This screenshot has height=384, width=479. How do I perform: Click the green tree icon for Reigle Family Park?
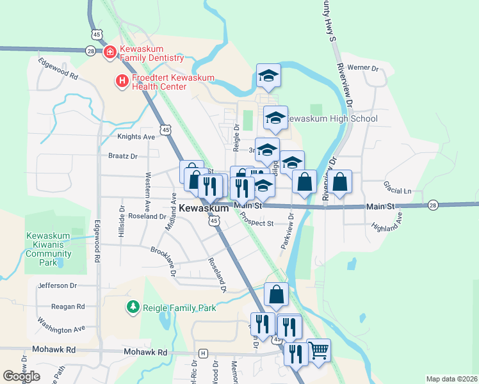pyautogui.click(x=133, y=308)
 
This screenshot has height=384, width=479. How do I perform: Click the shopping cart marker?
pyautogui.click(x=319, y=350)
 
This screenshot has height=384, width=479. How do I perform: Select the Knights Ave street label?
pyautogui.click(x=136, y=137)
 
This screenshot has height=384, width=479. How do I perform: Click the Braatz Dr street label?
pyautogui.click(x=123, y=156)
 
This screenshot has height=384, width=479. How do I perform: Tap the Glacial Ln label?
pyautogui.click(x=397, y=191)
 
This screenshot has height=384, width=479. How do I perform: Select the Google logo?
pyautogui.click(x=22, y=376)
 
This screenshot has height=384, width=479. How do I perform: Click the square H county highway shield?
pyautogui.click(x=204, y=353)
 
